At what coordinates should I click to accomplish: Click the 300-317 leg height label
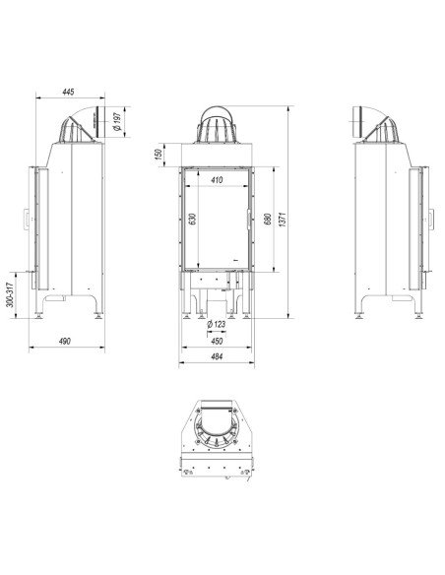pos(9,293)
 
